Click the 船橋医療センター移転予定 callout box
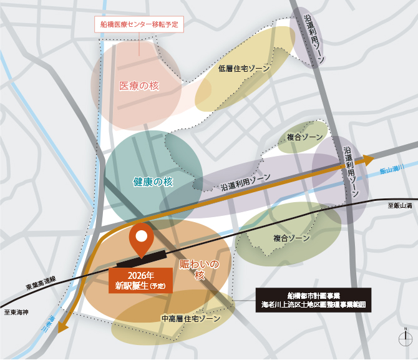click(x=139, y=24)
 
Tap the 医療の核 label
click(x=139, y=85)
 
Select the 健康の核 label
click(x=153, y=181)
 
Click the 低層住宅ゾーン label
click(x=244, y=69)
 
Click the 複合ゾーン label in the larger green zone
click(x=291, y=238)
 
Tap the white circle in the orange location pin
click(x=142, y=236)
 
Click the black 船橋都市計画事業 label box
click(x=314, y=299)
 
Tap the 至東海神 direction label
click(x=16, y=311)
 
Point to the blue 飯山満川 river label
click(x=392, y=169)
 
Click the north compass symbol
click(x=406, y=338)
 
